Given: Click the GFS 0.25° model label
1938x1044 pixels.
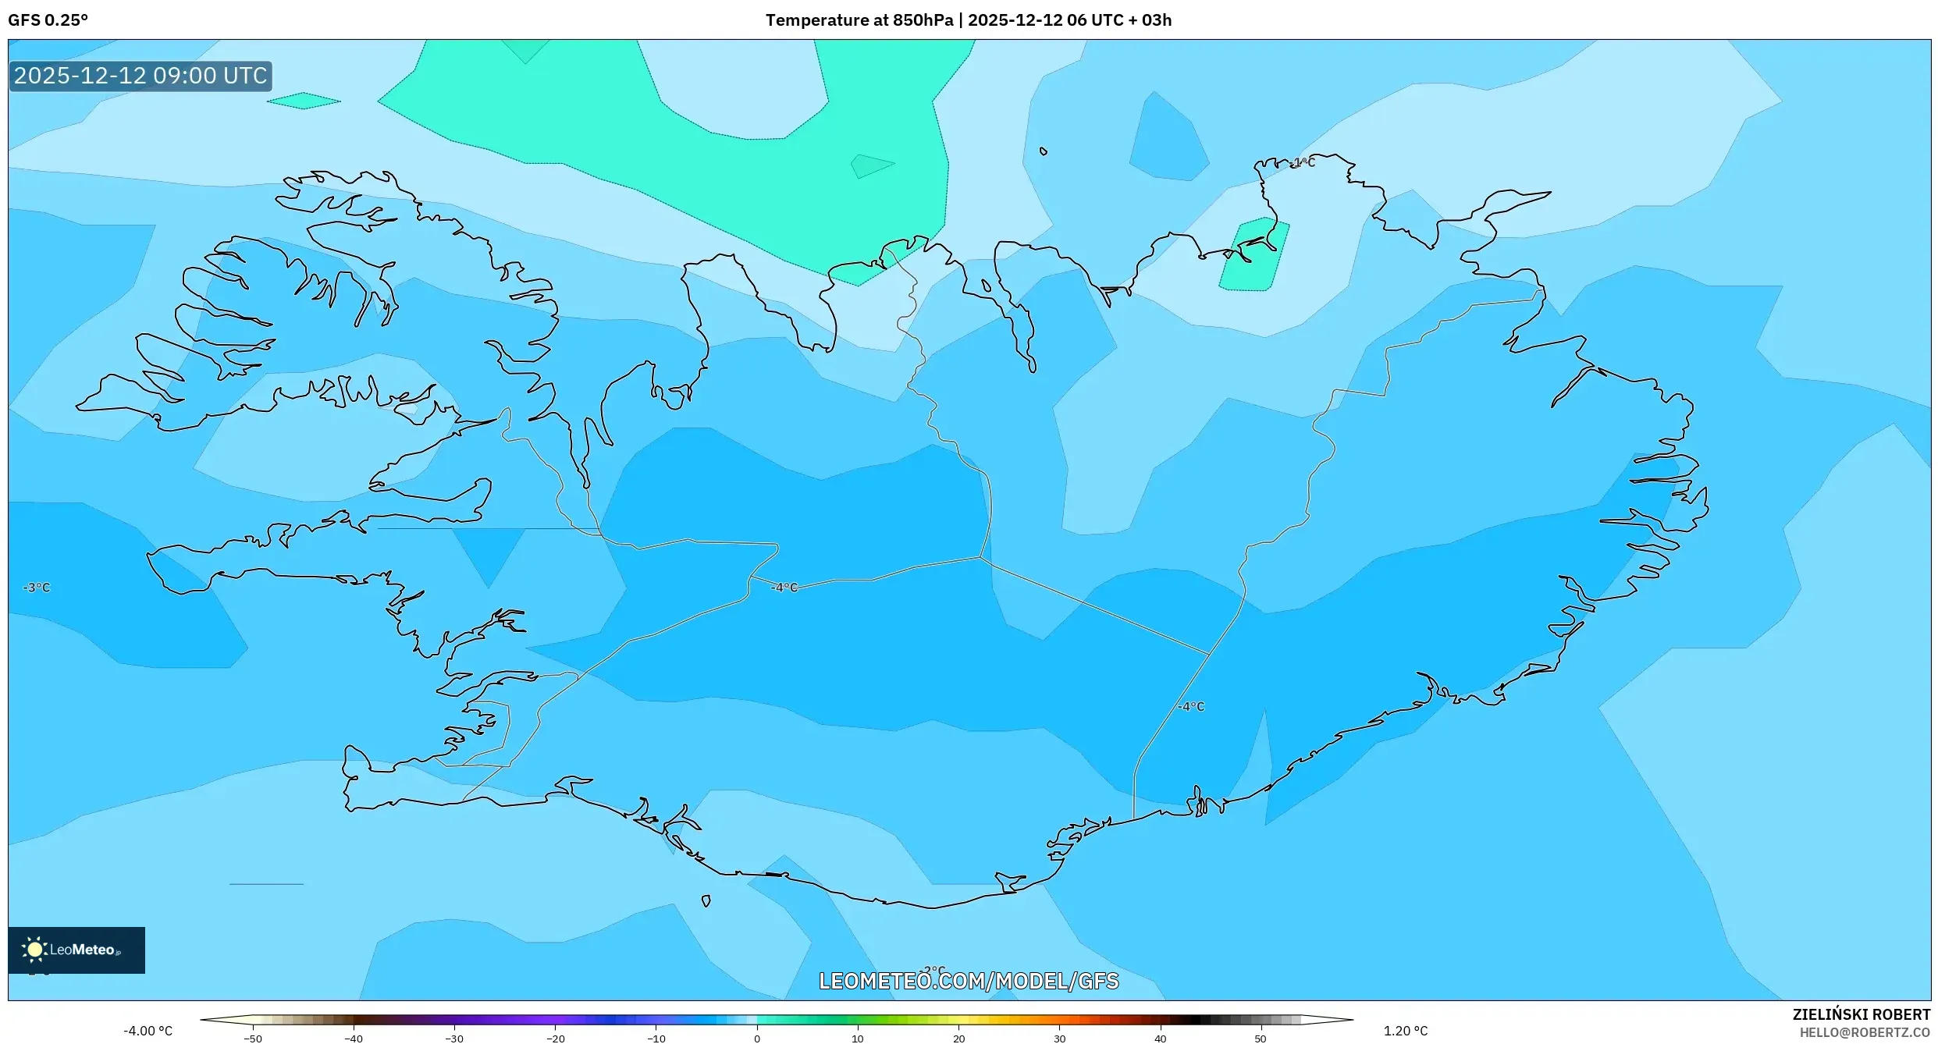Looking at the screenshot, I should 48,20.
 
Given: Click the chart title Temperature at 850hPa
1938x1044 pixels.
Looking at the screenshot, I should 858,20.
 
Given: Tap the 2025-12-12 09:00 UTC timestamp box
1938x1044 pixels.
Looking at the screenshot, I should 140,76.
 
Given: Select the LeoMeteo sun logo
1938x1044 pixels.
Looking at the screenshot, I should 34,949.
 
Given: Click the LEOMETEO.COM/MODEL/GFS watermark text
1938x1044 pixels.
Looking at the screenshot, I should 968,981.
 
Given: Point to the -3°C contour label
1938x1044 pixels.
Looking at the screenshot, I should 37,588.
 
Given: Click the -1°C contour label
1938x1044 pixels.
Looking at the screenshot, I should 1303,162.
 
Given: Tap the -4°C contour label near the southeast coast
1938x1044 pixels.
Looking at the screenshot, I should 1191,706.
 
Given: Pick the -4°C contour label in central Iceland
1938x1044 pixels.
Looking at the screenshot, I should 784,588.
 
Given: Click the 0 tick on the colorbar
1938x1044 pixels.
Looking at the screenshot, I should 756,1038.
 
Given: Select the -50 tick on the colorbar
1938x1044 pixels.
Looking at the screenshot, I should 253,1038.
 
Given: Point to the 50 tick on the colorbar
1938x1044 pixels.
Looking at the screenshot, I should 1260,1038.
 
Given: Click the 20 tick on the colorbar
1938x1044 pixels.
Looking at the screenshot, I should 958,1038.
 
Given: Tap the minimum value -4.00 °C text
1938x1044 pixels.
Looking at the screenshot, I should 148,1031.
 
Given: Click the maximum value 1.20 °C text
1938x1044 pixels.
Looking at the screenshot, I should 1405,1031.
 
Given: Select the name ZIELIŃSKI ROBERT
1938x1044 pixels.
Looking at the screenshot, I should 1861,1014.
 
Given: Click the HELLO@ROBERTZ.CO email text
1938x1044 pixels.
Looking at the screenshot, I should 1865,1032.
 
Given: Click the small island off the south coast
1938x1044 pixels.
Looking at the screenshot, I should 706,900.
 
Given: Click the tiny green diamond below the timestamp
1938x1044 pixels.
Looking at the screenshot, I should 304,101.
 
